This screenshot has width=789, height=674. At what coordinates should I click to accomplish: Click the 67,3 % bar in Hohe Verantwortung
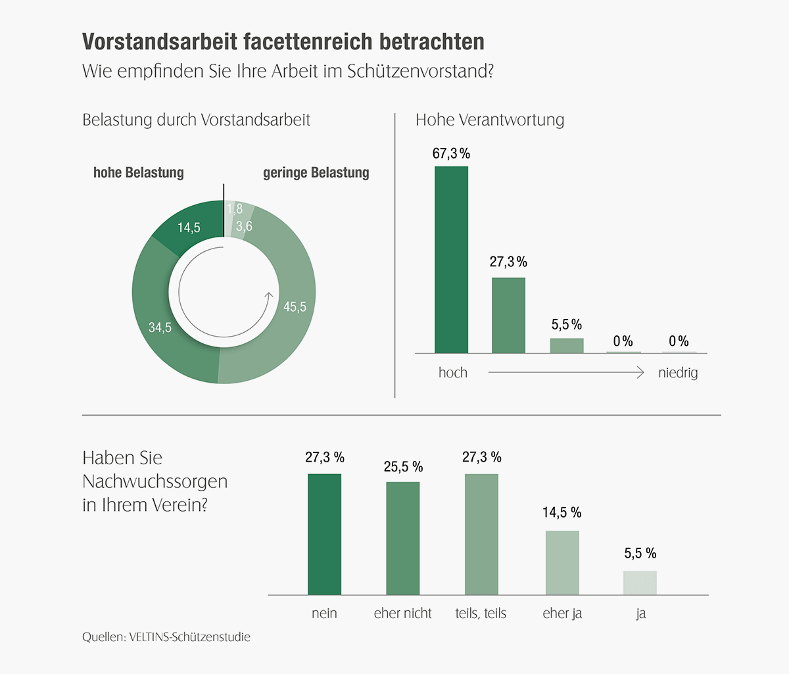[x=451, y=260]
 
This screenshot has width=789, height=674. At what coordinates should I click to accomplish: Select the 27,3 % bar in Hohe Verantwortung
[x=508, y=316]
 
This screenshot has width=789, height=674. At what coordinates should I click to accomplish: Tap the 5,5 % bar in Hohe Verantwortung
[x=566, y=346]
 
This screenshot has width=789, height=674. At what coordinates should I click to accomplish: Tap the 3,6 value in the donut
[x=244, y=226]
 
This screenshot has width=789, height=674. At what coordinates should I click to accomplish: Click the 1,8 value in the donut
[x=235, y=209]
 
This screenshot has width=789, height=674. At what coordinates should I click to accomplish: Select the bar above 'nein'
[x=324, y=534]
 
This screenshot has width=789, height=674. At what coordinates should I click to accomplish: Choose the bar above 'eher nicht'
[x=402, y=539]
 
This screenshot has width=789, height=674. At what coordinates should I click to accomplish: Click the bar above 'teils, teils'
[x=481, y=534]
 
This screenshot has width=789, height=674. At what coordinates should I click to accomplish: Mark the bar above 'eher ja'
[x=562, y=563]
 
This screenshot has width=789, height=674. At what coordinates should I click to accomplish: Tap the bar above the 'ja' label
[x=640, y=583]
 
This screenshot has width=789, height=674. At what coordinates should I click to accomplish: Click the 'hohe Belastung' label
[x=139, y=173]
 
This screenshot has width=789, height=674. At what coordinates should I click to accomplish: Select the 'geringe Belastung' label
[x=316, y=173]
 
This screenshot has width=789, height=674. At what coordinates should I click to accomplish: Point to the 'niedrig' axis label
[x=678, y=373]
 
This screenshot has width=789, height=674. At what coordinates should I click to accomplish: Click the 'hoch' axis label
[x=453, y=373]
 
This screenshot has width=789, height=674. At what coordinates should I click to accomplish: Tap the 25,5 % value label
[x=403, y=467]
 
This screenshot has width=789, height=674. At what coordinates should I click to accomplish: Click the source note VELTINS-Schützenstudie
[x=189, y=637]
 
